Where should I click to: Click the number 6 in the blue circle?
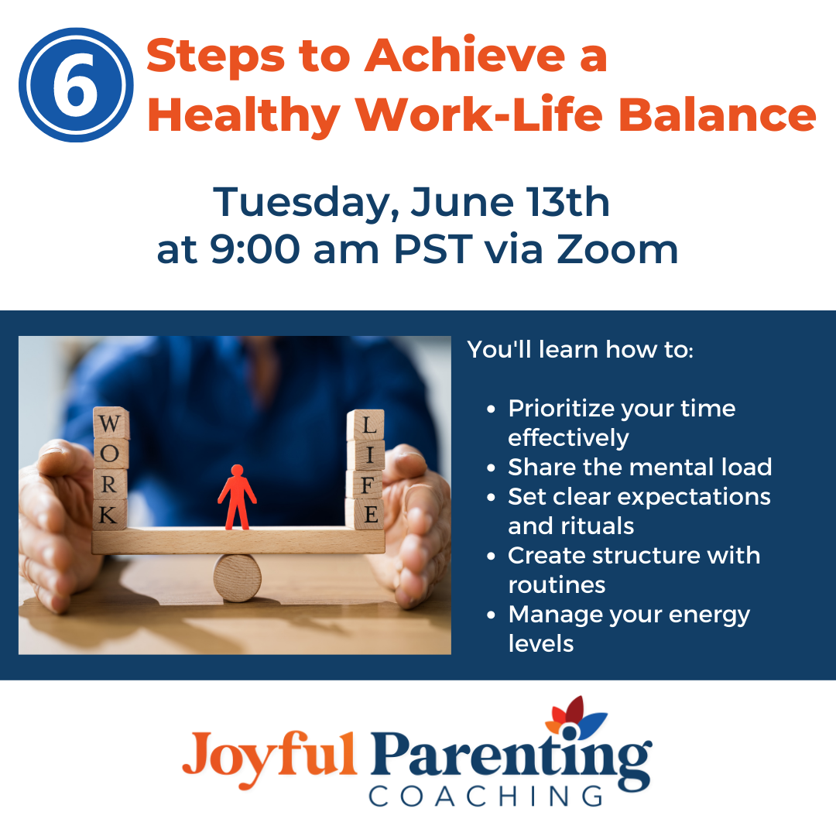point(75,87)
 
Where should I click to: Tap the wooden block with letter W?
point(111,425)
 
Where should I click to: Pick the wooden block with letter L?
point(365,425)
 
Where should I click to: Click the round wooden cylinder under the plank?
point(238,577)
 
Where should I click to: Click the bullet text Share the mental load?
point(639,467)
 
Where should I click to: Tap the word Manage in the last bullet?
point(551,615)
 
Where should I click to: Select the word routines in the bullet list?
point(556,584)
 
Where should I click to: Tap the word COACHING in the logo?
point(485,796)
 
